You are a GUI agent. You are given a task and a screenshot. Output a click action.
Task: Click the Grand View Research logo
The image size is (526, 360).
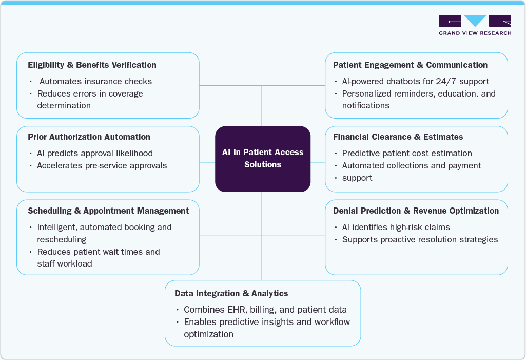click(475, 25)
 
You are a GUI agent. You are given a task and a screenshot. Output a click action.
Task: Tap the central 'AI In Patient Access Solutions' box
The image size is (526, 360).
click(263, 159)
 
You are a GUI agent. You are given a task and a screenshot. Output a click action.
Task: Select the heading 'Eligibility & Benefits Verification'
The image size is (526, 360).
click(92, 65)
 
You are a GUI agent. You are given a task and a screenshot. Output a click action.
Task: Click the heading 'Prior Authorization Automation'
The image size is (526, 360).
click(89, 137)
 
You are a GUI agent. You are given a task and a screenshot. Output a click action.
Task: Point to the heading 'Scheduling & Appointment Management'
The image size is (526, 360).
click(108, 211)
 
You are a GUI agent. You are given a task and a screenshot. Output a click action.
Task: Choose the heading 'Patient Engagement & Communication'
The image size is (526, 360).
click(410, 65)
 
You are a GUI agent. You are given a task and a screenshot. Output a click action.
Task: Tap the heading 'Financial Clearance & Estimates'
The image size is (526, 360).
click(398, 137)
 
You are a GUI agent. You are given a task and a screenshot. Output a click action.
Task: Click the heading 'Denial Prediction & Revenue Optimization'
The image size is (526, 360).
click(416, 211)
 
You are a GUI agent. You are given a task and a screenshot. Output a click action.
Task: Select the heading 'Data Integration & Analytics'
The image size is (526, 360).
click(231, 294)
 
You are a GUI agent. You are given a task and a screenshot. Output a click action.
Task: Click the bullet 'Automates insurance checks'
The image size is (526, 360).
click(95, 81)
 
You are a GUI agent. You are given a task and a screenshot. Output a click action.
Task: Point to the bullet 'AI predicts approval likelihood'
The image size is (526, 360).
click(95, 153)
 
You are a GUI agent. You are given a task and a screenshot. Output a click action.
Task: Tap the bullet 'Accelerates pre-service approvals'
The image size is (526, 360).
click(102, 165)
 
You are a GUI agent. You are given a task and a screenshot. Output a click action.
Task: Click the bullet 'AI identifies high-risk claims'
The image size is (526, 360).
click(396, 227)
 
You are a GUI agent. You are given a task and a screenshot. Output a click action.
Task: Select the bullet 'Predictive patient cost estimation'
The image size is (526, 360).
click(407, 153)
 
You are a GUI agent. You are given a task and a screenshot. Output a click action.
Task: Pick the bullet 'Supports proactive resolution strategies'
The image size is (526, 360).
click(420, 239)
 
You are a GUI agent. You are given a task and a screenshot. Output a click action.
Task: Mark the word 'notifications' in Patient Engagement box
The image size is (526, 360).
click(366, 106)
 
